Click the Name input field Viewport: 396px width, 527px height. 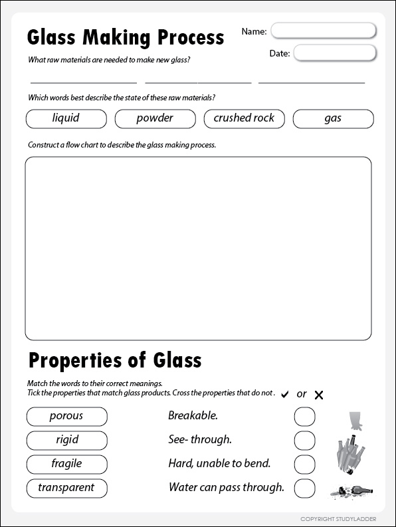coord(324,31)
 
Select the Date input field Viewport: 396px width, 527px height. coord(335,53)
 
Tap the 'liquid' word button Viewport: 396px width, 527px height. coord(66,118)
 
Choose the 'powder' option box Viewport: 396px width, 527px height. coord(155,118)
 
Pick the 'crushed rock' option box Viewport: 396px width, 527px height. coord(244,118)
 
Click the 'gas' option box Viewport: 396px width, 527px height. coord(333,118)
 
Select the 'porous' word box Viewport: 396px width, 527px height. coord(66,416)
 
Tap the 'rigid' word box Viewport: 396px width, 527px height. coord(66,440)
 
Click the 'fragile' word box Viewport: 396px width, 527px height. coord(66,463)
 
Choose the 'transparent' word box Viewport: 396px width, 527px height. coord(66,487)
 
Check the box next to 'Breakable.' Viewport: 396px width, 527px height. coord(305,417)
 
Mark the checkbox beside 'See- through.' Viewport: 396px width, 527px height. coord(305,440)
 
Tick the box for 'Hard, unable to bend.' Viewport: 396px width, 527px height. coord(305,464)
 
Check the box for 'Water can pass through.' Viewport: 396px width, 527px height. coord(305,488)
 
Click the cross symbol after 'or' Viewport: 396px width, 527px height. coord(319,395)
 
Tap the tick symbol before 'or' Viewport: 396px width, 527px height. coord(285,395)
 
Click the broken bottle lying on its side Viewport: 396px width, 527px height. coord(350,492)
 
